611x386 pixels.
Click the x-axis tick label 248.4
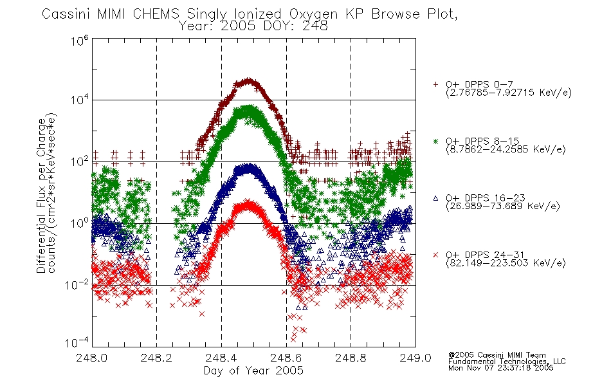click(x=221, y=358)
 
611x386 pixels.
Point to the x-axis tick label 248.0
click(x=91, y=358)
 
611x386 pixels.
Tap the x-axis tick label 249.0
click(x=415, y=358)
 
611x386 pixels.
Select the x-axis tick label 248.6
click(x=286, y=358)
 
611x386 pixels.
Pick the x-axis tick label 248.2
click(x=156, y=358)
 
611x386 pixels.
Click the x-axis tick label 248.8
click(x=351, y=358)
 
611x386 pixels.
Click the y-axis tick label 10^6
click(x=80, y=41)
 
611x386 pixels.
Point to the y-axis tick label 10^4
click(x=80, y=100)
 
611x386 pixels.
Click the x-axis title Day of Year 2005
click(x=253, y=371)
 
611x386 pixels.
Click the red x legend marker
click(x=435, y=255)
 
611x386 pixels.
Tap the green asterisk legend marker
click(x=435, y=141)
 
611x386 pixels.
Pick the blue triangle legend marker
click(x=435, y=198)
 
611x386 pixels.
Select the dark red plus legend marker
click(x=435, y=84)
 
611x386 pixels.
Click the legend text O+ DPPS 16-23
click(x=486, y=198)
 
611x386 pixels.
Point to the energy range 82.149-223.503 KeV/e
click(x=506, y=263)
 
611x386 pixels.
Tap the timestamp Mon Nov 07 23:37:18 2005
click(x=500, y=368)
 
